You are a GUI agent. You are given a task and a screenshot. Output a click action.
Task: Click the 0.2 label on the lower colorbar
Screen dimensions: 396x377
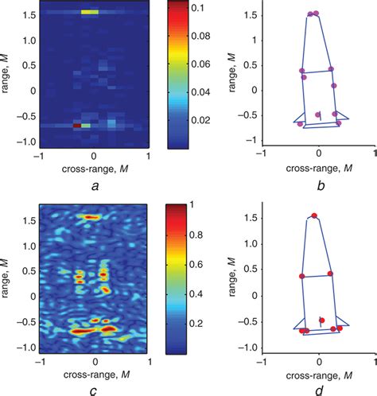coord(200,324)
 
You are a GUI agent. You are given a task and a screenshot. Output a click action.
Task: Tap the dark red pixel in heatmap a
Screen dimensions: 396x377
coord(78,126)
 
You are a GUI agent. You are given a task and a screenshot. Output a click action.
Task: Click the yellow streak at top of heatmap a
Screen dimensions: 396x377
coord(90,13)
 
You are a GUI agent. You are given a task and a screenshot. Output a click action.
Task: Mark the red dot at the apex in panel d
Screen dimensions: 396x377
coord(314,215)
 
